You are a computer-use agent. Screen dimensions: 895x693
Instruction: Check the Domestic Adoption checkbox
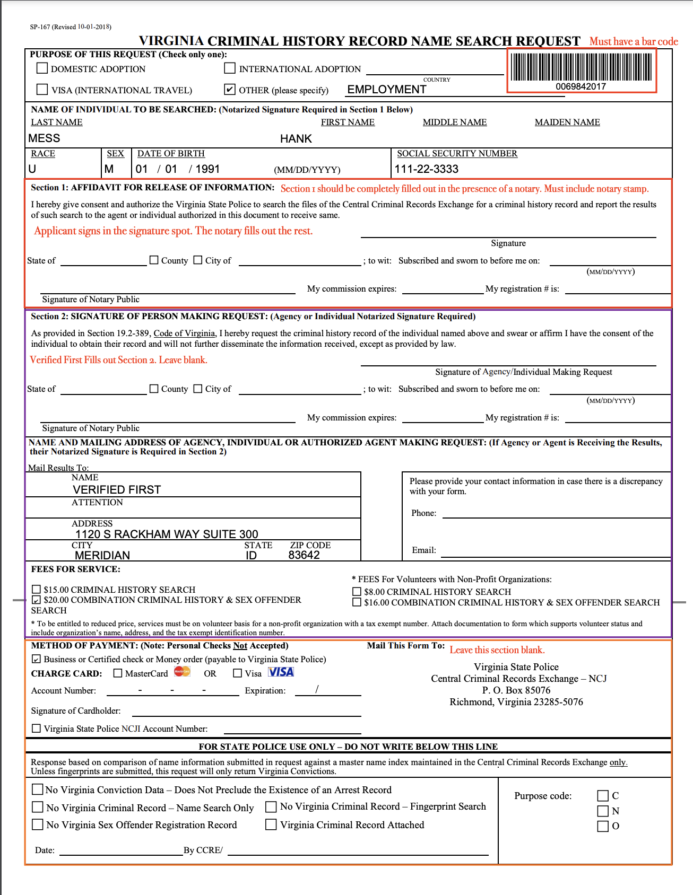pyautogui.click(x=42, y=68)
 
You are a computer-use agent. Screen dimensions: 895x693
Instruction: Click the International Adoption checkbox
pyautogui.click(x=230, y=68)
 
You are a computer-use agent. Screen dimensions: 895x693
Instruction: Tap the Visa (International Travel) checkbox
pyautogui.click(x=42, y=90)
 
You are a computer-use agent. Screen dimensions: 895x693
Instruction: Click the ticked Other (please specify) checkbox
pyautogui.click(x=230, y=90)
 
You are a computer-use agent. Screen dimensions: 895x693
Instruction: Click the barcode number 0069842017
pyautogui.click(x=581, y=86)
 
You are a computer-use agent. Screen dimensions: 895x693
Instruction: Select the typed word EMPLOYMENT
pyautogui.click(x=387, y=90)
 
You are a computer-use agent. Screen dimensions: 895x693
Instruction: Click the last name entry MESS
pyautogui.click(x=45, y=138)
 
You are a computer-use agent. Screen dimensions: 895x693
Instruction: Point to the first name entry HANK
pyautogui.click(x=296, y=139)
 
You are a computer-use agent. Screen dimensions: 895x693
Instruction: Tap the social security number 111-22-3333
pyautogui.click(x=427, y=169)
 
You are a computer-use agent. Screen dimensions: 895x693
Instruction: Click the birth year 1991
pyautogui.click(x=207, y=169)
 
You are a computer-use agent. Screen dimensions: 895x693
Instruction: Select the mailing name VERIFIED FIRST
pyautogui.click(x=117, y=489)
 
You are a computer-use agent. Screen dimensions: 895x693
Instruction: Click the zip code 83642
pyautogui.click(x=304, y=555)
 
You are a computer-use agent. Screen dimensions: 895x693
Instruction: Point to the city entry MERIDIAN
pyautogui.click(x=102, y=555)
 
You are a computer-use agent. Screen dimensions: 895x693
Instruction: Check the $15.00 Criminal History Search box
pyautogui.click(x=37, y=590)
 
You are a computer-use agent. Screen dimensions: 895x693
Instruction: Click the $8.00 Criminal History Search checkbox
pyautogui.click(x=357, y=592)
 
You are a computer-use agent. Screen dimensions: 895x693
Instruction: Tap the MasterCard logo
pyautogui.click(x=182, y=672)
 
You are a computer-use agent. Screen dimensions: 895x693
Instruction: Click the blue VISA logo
pyautogui.click(x=281, y=672)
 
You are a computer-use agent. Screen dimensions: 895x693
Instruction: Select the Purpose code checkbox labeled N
pyautogui.click(x=603, y=811)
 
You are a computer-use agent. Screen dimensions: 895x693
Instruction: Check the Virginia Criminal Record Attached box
pyautogui.click(x=271, y=824)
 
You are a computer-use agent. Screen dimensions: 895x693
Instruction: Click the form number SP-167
pyautogui.click(x=40, y=27)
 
